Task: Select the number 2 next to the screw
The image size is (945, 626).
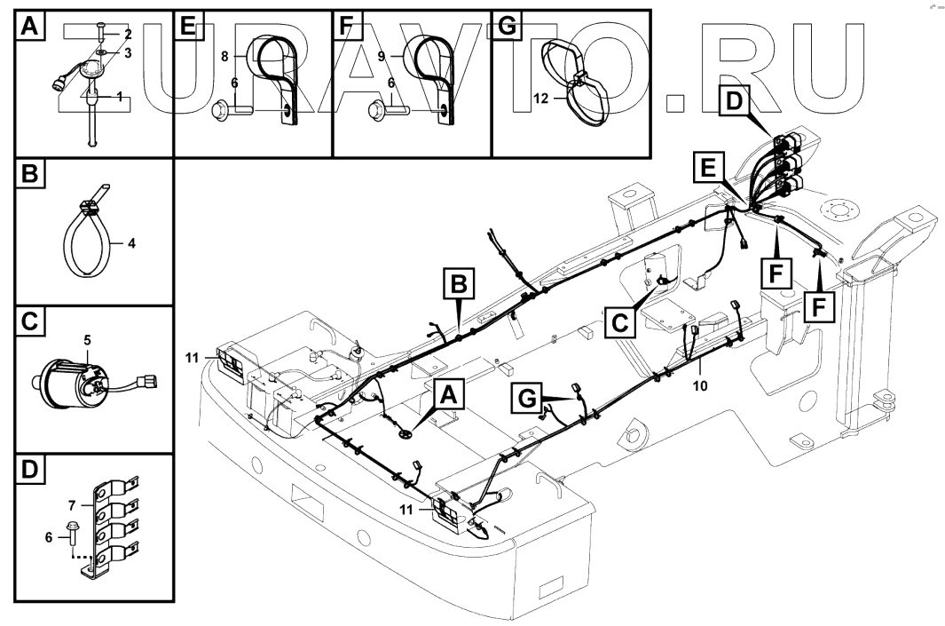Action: point(128,35)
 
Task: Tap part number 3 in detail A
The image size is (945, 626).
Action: point(128,53)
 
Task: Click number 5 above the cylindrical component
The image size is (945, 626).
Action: point(87,339)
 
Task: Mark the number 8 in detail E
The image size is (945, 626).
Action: point(224,55)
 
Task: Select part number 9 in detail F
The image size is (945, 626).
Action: point(382,55)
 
